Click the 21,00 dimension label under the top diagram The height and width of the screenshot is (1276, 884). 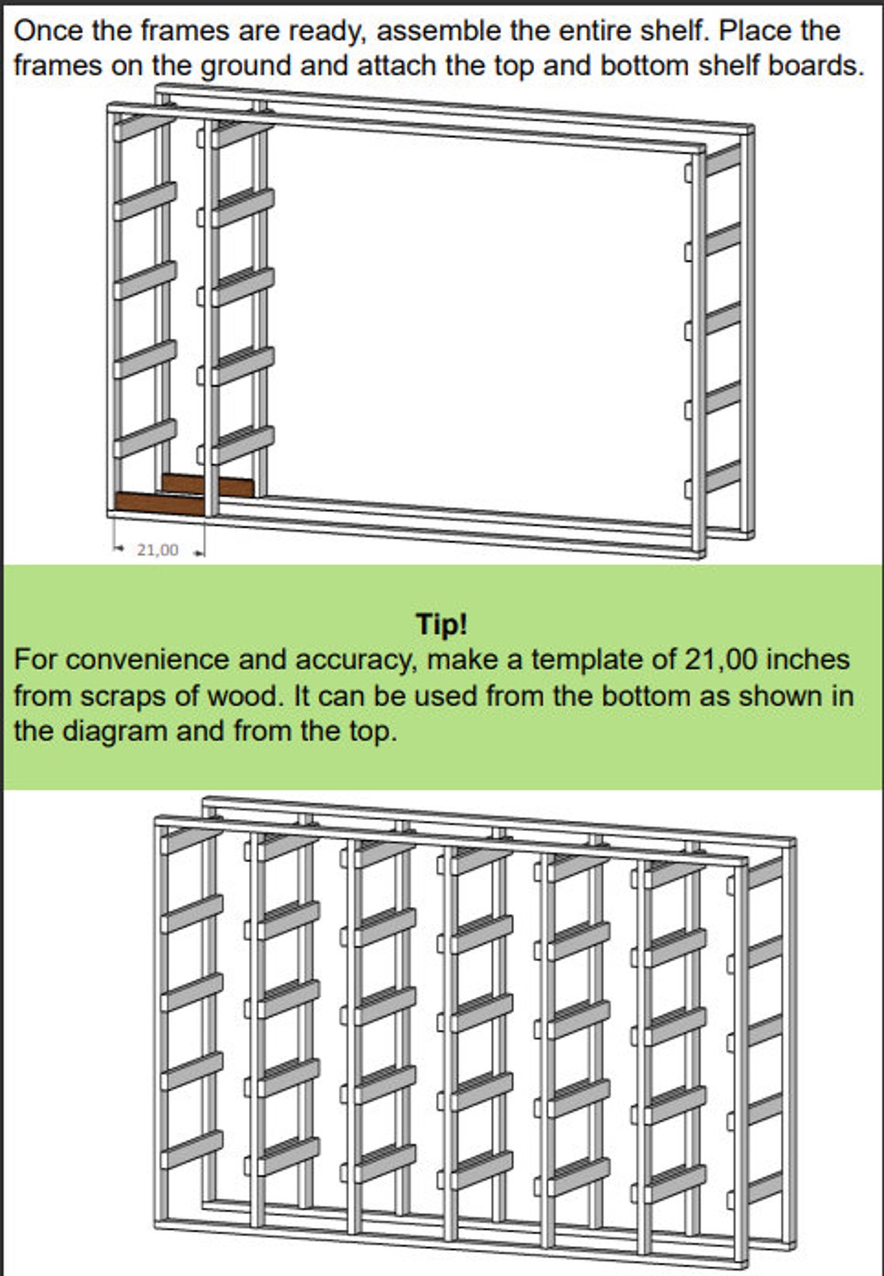[157, 550]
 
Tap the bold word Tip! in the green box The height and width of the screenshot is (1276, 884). [441, 624]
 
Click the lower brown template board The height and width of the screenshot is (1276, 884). [159, 502]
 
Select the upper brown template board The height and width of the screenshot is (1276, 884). [208, 485]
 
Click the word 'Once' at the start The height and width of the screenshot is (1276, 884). [46, 31]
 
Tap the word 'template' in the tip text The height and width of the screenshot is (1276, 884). [587, 660]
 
